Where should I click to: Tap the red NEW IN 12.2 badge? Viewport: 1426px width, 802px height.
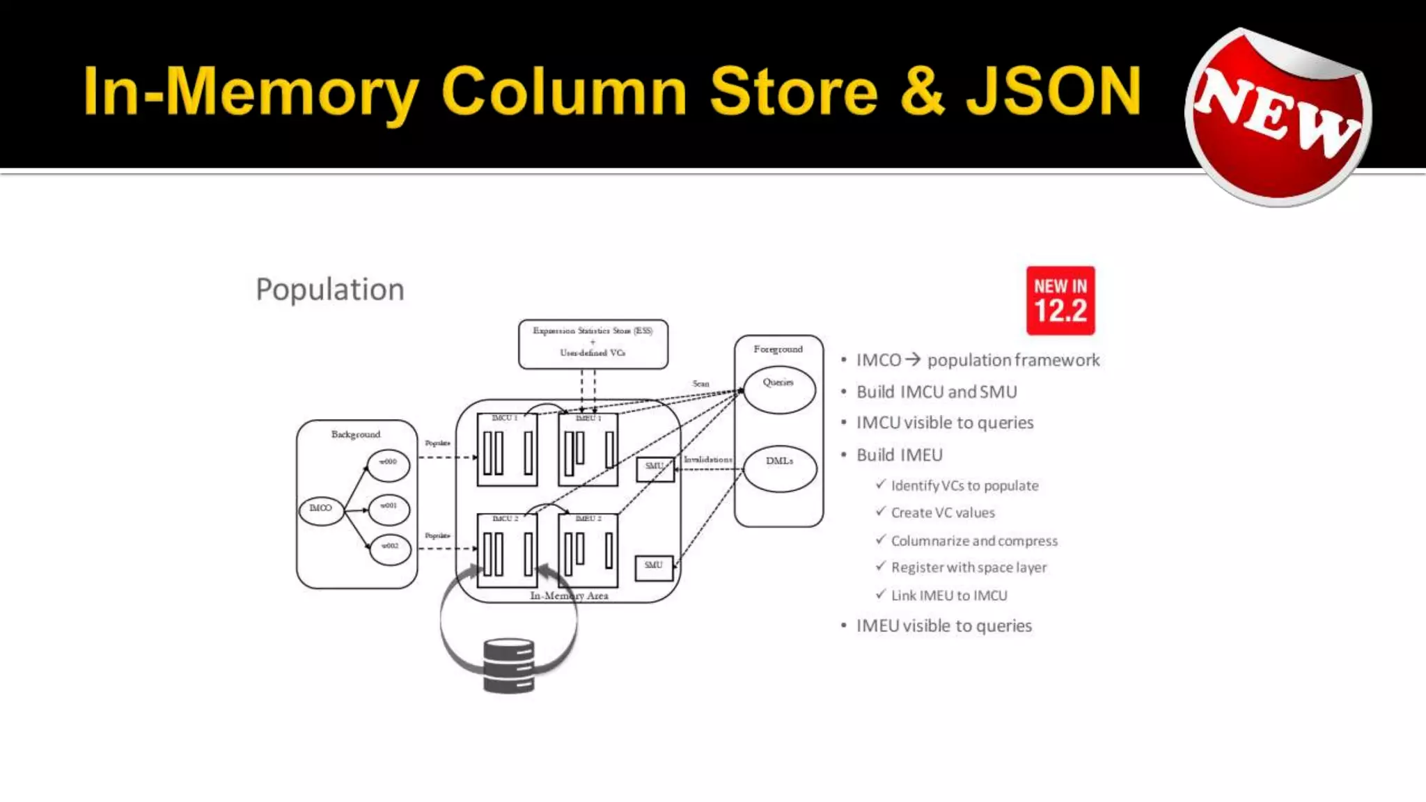point(1060,301)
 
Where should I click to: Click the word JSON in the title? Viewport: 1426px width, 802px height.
point(1053,91)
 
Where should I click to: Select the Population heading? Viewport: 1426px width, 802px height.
point(330,290)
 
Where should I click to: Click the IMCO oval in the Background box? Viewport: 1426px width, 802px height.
point(321,509)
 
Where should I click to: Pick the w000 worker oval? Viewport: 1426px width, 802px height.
point(388,464)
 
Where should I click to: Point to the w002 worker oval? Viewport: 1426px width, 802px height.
point(389,548)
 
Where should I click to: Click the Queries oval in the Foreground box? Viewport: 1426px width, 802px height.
point(778,388)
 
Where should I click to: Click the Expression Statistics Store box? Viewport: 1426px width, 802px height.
point(593,343)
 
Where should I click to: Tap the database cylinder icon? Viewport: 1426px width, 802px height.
point(509,666)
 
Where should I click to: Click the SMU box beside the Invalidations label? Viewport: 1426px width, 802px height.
point(655,469)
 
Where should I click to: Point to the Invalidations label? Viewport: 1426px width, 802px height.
point(707,459)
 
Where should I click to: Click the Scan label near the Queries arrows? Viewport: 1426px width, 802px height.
point(700,384)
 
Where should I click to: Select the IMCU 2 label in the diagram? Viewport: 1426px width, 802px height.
point(505,519)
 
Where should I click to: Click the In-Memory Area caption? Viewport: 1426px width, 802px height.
point(569,596)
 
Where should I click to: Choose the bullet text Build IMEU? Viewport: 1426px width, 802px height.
point(899,455)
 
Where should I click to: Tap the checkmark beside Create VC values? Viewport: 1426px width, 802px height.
point(881,512)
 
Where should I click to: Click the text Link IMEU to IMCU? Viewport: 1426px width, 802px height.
point(949,596)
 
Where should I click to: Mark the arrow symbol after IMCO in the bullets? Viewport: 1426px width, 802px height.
point(913,360)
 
